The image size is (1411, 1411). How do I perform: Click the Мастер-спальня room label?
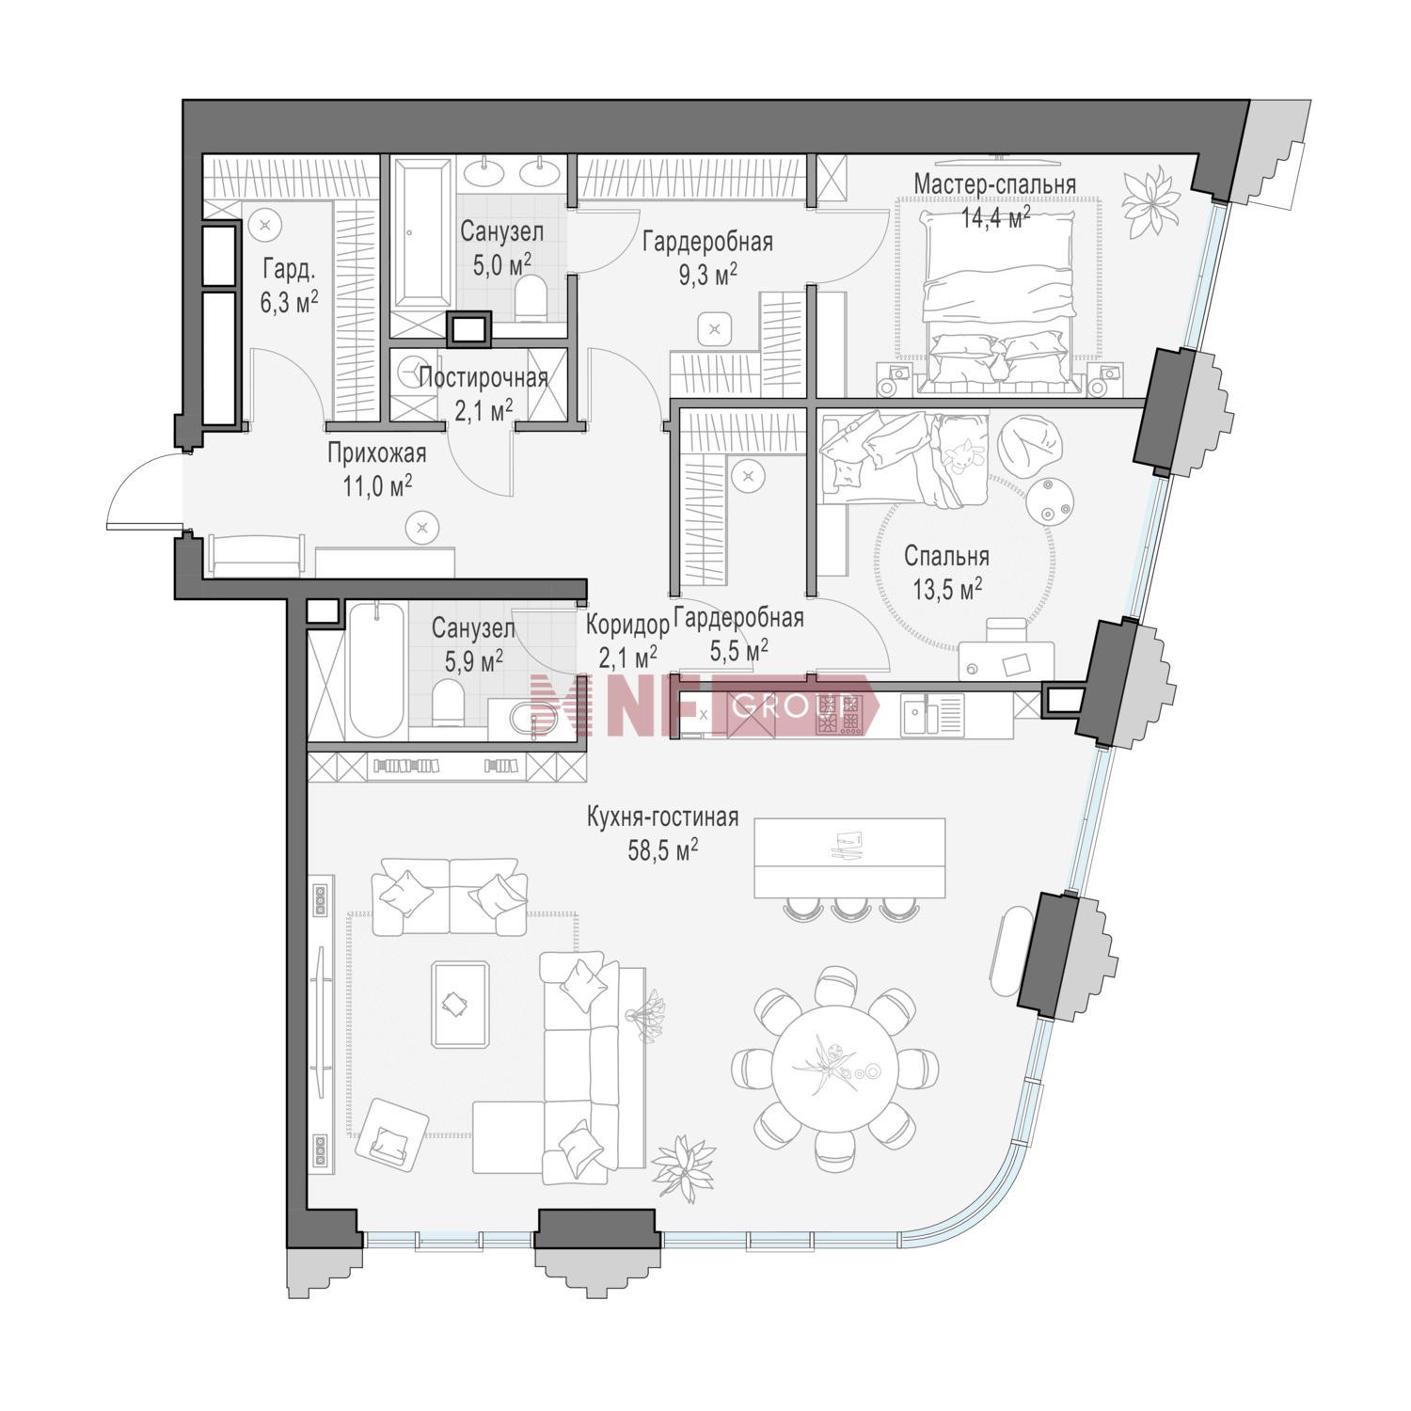[994, 184]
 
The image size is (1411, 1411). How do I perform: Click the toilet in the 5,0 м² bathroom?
[532, 299]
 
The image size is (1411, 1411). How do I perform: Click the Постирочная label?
[484, 378]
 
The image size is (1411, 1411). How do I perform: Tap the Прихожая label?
[376, 454]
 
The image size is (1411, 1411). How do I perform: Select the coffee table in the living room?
[459, 1005]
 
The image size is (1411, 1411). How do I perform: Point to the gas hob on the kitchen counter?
[838, 715]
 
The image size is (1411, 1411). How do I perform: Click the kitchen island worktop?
[849, 857]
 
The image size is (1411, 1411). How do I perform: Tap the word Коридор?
[627, 625]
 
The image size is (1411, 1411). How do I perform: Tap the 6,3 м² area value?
[290, 301]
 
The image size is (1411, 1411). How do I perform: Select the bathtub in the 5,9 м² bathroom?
[376, 671]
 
